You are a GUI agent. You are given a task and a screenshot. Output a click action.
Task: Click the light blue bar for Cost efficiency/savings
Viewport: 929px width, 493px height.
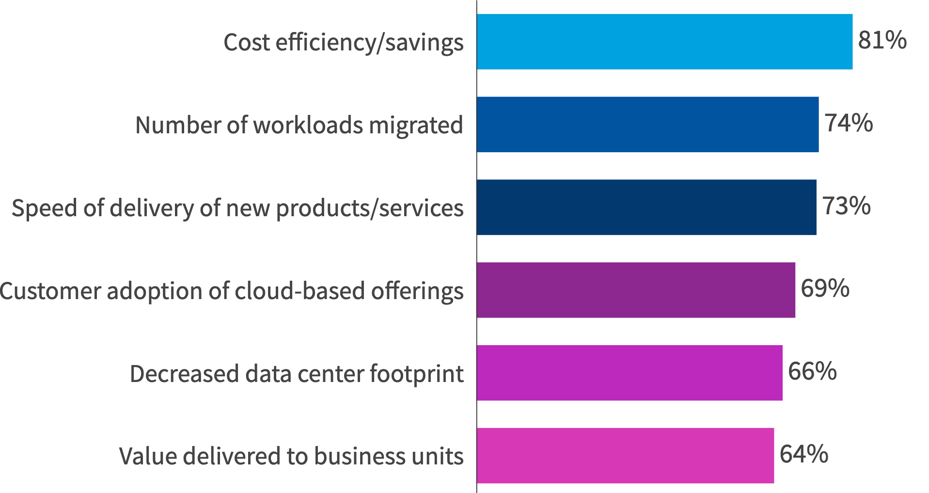(664, 42)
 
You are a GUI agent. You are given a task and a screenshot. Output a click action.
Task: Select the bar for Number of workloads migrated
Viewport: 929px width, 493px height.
(647, 125)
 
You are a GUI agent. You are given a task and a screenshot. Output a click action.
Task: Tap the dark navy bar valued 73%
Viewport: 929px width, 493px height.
(646, 207)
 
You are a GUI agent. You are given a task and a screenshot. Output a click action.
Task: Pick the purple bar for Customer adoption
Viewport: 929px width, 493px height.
(635, 290)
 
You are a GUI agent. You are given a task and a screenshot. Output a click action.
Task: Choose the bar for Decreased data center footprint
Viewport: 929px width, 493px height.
(629, 373)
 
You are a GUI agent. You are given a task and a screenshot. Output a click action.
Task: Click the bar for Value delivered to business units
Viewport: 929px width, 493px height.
(625, 456)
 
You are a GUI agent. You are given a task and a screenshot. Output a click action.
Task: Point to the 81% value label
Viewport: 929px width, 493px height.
(882, 40)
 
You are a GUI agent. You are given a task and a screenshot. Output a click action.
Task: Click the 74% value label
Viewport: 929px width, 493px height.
(849, 123)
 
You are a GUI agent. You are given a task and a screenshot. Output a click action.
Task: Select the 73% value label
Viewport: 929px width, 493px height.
(846, 206)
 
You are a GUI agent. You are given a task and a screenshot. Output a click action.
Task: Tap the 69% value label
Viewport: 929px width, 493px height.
(825, 288)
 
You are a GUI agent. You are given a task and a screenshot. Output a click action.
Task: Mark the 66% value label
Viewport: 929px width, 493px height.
(812, 371)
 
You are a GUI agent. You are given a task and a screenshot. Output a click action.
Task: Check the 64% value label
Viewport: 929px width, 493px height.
(803, 454)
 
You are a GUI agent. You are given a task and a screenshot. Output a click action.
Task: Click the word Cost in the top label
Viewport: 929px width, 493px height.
(247, 43)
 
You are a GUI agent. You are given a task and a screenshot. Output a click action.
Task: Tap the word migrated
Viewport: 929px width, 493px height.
(416, 126)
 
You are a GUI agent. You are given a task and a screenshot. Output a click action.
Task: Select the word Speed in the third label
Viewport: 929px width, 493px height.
(44, 209)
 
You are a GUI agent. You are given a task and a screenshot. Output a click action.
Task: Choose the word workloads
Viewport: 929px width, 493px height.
(308, 126)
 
